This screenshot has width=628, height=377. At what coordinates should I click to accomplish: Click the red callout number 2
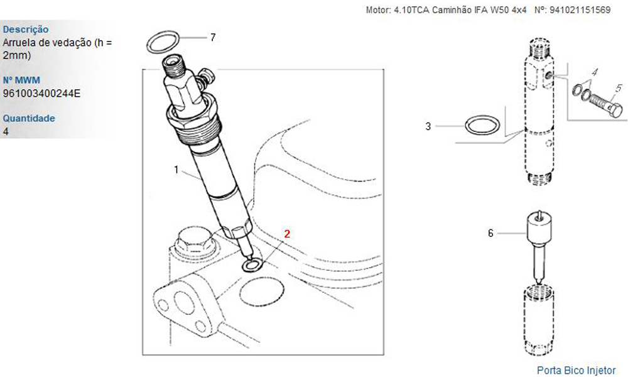coord(287,234)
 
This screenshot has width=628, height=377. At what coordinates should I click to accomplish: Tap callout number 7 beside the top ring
coord(213,37)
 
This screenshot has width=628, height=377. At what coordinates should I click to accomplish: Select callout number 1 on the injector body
coord(176,170)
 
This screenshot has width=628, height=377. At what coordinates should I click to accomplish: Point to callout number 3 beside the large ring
coord(428,126)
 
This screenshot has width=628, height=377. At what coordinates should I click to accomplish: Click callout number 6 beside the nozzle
coord(490,233)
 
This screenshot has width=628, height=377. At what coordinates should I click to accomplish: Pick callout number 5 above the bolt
coord(619,88)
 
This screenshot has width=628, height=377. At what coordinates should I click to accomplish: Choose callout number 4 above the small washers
coord(595,72)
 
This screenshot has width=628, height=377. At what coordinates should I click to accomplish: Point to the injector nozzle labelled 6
coord(539,244)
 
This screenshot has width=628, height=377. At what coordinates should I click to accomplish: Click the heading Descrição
coord(26,30)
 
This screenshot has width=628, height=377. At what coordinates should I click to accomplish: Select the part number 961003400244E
coord(41,94)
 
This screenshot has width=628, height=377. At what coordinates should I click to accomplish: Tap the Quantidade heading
coord(29,118)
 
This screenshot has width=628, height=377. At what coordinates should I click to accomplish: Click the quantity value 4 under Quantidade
coord(6,131)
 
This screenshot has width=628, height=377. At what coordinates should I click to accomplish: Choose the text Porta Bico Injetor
coord(576,370)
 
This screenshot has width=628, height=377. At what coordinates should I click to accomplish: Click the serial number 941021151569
coord(580,10)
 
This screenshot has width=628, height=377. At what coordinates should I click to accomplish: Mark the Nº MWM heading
coord(21,80)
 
